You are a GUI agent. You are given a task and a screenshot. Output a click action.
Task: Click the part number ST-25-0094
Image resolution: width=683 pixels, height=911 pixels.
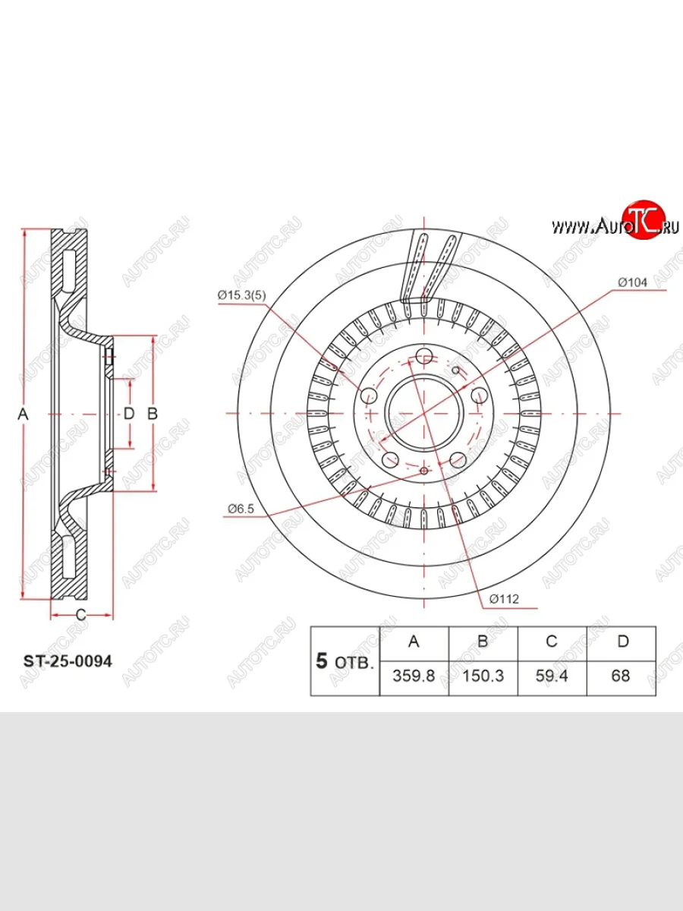click(x=68, y=661)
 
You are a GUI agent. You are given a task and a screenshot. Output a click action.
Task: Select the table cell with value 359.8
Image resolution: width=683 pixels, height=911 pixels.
click(x=414, y=676)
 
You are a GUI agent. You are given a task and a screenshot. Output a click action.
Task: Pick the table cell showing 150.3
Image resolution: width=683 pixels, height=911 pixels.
click(x=483, y=676)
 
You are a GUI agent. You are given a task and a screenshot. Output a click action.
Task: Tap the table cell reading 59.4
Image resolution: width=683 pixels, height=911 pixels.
click(x=552, y=676)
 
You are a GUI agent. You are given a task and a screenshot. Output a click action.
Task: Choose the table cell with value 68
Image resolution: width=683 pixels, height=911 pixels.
click(x=622, y=676)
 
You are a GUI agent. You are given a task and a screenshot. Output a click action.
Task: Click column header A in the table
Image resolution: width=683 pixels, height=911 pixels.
click(x=414, y=641)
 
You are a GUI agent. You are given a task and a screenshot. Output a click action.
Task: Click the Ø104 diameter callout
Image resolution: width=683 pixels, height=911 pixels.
click(x=632, y=282)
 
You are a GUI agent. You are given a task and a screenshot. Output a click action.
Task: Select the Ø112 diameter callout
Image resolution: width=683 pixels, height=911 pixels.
click(x=504, y=599)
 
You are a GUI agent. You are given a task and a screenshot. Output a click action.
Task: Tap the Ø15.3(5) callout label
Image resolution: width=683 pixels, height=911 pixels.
click(x=242, y=295)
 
